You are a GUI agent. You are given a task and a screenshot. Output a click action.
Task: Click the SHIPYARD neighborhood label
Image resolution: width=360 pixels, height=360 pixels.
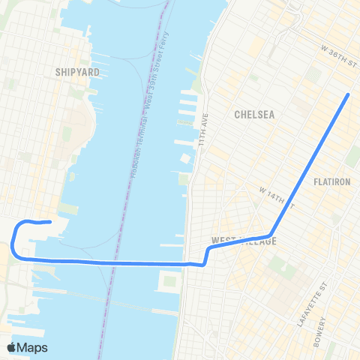pos(77,72)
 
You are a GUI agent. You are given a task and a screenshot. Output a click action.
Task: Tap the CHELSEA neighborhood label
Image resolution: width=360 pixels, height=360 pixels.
pos(255,115)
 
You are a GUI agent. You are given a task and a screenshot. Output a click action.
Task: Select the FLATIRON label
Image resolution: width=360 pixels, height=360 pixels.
pos(332,181)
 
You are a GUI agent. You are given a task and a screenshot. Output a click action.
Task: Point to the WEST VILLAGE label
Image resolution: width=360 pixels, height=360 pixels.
pos(244,241)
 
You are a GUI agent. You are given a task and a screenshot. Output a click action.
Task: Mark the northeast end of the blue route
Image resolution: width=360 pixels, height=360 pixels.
pos(349,94)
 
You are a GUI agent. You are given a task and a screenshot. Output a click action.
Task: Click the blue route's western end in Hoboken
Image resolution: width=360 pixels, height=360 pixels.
pos(49,221)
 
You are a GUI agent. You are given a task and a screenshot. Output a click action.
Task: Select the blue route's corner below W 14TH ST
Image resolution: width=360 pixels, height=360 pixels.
pos(270,236)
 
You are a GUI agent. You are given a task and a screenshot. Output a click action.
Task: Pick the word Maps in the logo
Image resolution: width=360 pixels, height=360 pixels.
pos(34,347)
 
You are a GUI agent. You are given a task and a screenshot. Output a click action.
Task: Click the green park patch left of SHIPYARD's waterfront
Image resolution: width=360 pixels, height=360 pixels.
pos(67,135)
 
